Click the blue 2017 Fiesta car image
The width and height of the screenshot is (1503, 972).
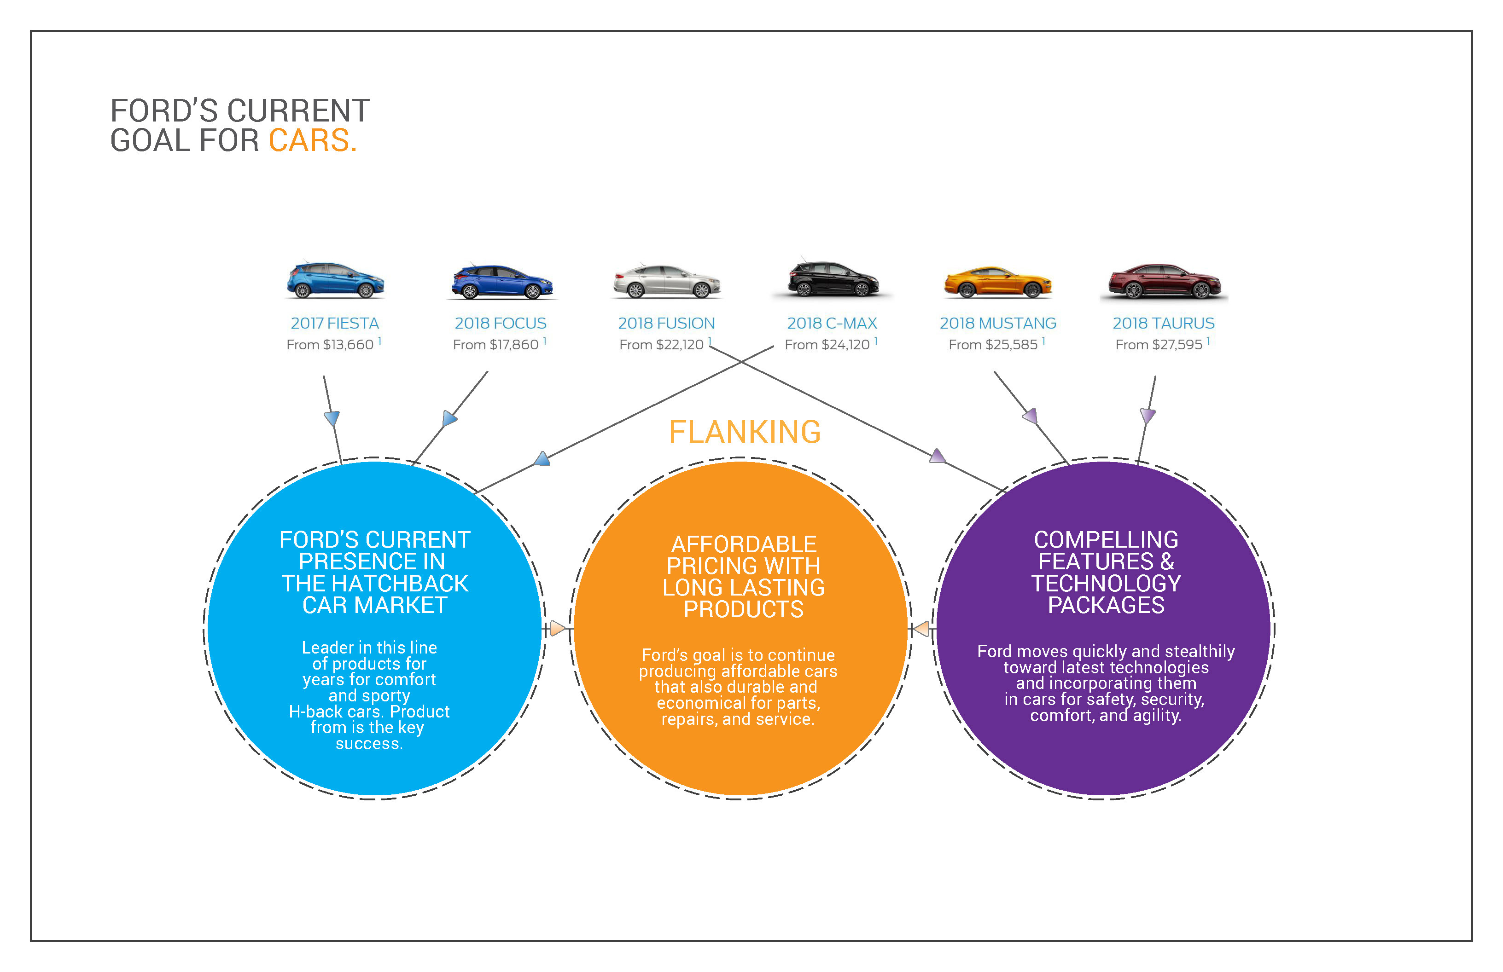[x=335, y=280]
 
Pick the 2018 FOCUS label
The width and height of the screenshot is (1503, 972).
[x=500, y=323]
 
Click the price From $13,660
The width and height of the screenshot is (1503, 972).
[x=330, y=345]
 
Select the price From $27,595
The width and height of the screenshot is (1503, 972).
[x=1159, y=345]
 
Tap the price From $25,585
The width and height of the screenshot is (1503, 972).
[x=993, y=345]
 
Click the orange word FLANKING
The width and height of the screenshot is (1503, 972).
[x=745, y=432]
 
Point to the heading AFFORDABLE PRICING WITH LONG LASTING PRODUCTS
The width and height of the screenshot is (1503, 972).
[x=743, y=577]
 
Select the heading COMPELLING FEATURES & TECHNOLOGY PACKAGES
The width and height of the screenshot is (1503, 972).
[x=1106, y=572]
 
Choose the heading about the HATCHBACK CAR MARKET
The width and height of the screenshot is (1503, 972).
[x=374, y=572]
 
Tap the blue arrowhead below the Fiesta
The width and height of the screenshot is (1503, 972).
[x=332, y=417]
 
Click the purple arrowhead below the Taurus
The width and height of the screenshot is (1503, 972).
[x=1148, y=415]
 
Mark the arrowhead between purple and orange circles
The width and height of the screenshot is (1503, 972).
[x=922, y=629]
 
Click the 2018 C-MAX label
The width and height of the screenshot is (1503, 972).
[x=832, y=323]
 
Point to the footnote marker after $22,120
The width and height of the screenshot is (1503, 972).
[x=710, y=341]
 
